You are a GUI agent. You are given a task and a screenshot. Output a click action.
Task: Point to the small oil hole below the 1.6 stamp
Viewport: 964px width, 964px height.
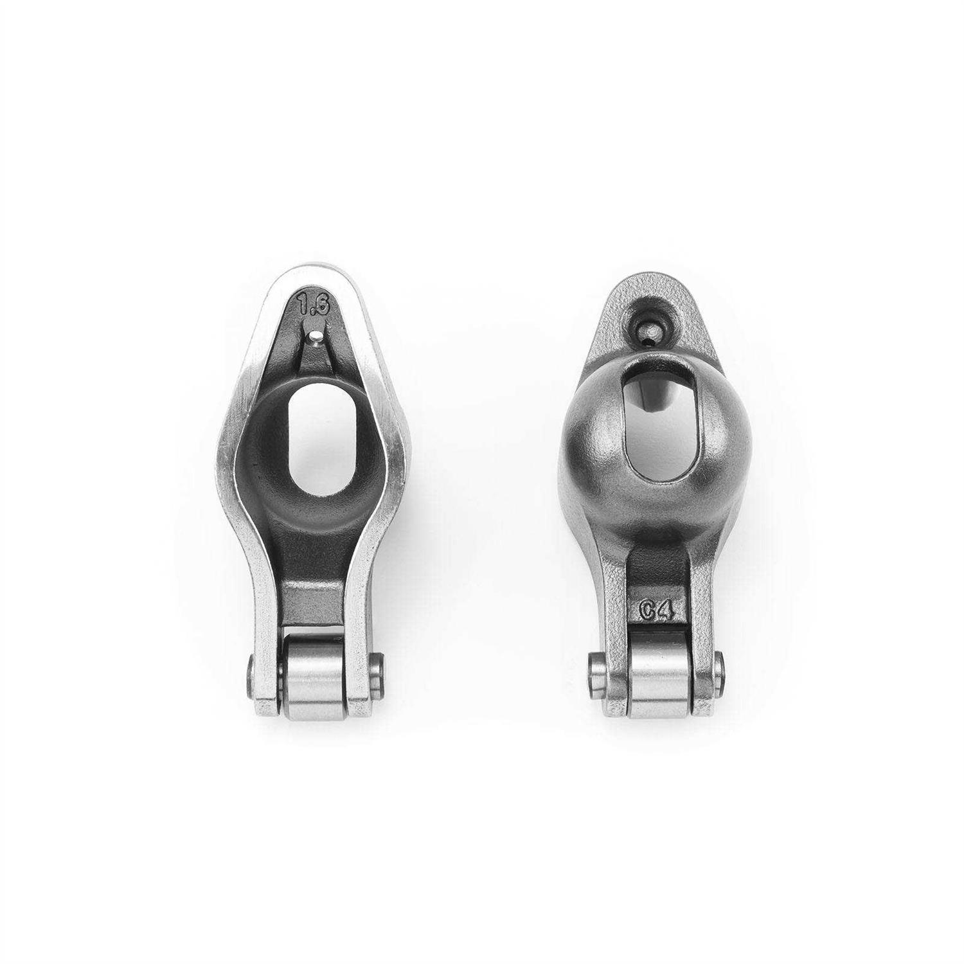pyautogui.click(x=313, y=335)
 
